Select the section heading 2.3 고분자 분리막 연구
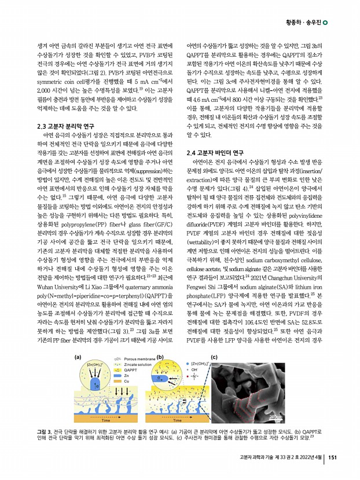point(65,126)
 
